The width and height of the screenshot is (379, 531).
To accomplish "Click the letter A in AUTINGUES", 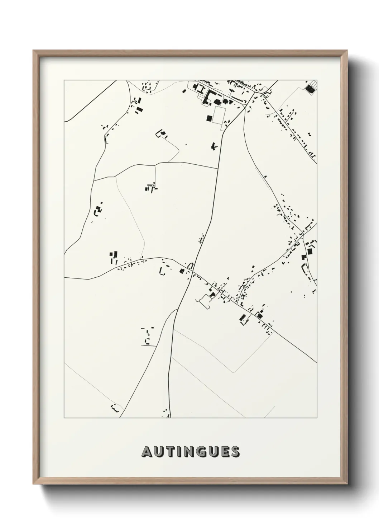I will (x=147, y=452).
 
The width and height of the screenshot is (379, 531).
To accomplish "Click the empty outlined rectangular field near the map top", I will (x=218, y=115).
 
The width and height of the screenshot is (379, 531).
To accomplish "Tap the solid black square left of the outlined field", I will (x=208, y=117).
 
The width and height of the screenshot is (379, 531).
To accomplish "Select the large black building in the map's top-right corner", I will (x=308, y=88).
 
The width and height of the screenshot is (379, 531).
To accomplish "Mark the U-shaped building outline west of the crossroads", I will (x=162, y=270).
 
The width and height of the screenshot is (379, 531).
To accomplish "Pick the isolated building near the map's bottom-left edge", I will (x=115, y=408).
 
